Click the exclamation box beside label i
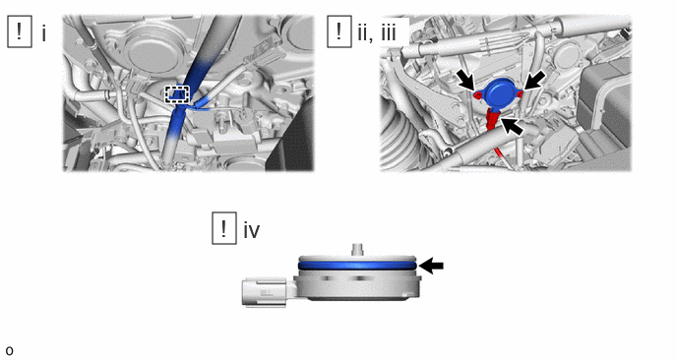[x=20, y=31]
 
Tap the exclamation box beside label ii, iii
[x=338, y=31]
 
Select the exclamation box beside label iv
[x=224, y=228]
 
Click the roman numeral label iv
[x=252, y=229]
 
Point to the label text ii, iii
[x=377, y=32]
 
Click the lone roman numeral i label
[x=44, y=32]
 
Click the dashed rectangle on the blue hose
[x=177, y=94]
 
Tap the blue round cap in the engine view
[x=498, y=92]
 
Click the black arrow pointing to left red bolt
[x=467, y=82]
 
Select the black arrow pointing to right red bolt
[x=535, y=81]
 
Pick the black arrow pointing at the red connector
[x=512, y=127]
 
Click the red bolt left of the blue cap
[x=478, y=94]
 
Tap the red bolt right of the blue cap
[x=521, y=93]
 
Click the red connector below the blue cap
[x=492, y=120]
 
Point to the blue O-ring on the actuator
[x=357, y=265]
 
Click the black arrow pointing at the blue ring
[x=431, y=266]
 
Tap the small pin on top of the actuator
[x=356, y=250]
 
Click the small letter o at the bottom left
[x=9, y=351]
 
